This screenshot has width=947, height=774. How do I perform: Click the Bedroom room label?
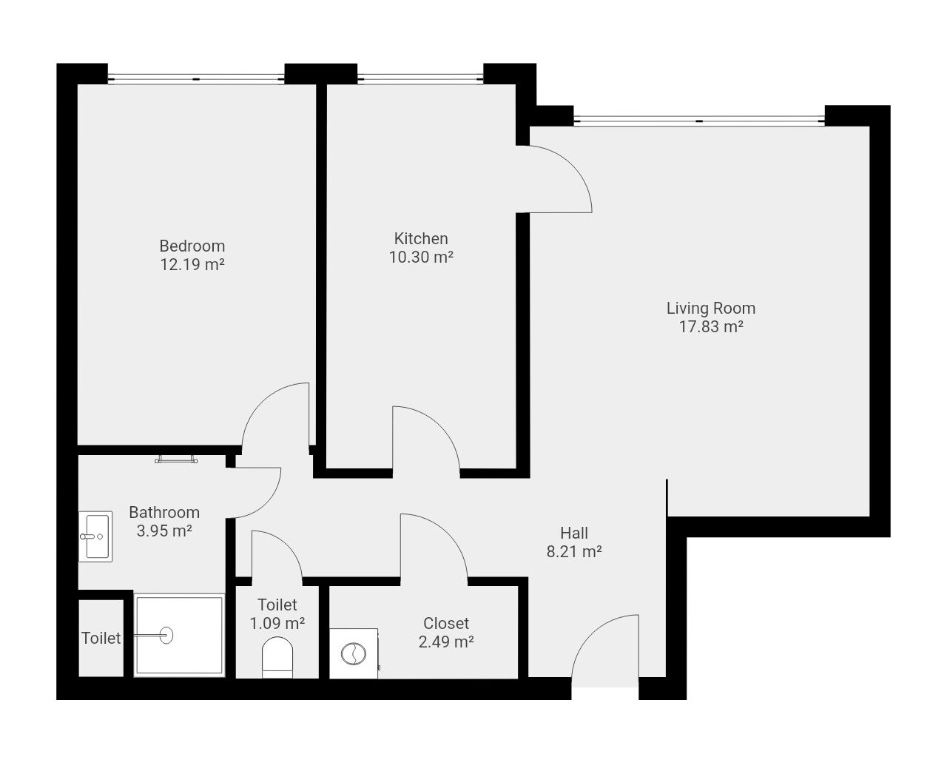click(x=192, y=246)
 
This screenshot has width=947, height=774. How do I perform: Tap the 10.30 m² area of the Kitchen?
click(x=421, y=258)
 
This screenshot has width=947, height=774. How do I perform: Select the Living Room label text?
click(x=710, y=308)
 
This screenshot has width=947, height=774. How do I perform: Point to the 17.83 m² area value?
click(x=710, y=326)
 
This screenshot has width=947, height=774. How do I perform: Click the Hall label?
click(x=574, y=534)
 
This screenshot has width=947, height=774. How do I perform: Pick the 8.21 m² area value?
click(x=574, y=551)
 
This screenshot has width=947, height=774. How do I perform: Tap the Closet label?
click(x=446, y=624)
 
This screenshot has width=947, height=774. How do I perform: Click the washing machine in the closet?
click(x=354, y=653)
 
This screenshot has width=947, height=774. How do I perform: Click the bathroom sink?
click(x=95, y=536)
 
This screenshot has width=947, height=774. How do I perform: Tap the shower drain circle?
click(x=166, y=636)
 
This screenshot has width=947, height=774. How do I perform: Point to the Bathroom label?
click(x=164, y=512)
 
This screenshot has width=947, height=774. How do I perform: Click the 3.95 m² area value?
click(x=164, y=531)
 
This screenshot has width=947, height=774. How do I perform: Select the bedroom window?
click(x=196, y=79)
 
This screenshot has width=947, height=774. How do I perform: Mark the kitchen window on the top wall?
click(x=420, y=79)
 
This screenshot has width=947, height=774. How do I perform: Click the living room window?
click(x=699, y=121)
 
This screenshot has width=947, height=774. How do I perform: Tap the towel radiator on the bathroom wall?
click(x=176, y=459)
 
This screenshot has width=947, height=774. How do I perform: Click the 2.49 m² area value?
click(x=446, y=642)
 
